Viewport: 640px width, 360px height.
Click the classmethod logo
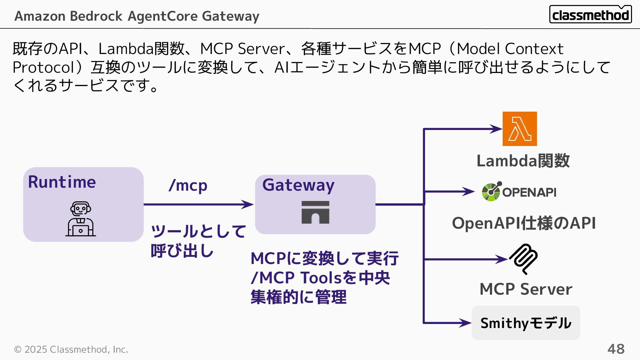point(590,14)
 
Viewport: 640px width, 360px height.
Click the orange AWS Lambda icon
point(520,129)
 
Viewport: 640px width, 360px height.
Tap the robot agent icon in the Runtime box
point(81,219)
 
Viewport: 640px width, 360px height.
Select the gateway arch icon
point(315,212)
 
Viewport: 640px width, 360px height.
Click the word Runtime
point(62,182)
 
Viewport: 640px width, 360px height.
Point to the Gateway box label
point(298,185)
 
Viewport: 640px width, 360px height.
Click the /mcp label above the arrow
point(188,185)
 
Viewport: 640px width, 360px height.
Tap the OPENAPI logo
point(519,192)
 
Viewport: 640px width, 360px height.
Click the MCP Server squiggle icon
point(523,259)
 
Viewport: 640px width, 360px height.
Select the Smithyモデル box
point(526,323)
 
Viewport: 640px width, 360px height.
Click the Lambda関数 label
point(523,161)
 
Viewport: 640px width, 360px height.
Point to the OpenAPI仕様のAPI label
point(524,223)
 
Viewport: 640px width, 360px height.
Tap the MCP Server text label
point(526,289)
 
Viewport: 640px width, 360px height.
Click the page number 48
point(616,349)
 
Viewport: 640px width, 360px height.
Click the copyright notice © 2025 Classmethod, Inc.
point(71,349)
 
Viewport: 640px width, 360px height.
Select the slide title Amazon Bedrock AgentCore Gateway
point(137,16)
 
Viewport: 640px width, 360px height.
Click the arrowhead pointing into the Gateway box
point(248,204)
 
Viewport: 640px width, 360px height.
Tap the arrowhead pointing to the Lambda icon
point(497,129)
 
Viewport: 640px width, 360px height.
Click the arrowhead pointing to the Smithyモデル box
point(466,323)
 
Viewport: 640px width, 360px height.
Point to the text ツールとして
point(198,231)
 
